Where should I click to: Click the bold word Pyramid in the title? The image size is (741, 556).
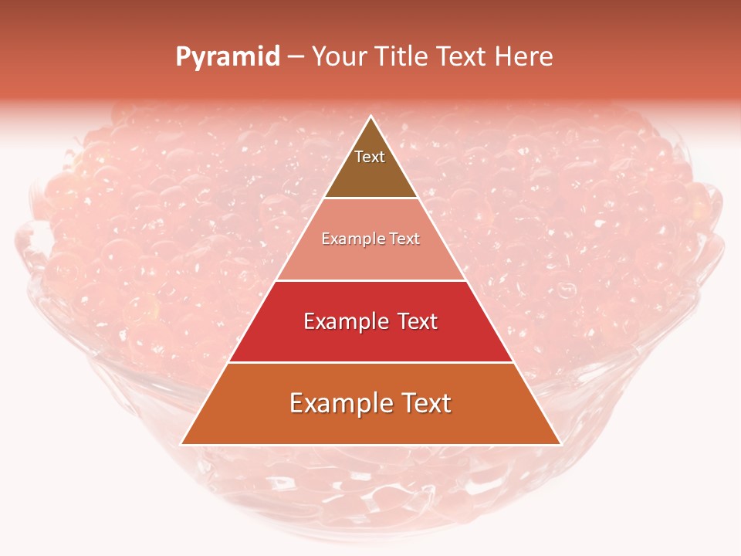pos(228,56)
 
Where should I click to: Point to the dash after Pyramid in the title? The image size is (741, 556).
pos(296,57)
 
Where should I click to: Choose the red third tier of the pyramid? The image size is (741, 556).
pos(370,340)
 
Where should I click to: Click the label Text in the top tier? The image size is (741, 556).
pos(370,157)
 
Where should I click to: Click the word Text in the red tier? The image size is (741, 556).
pos(414,321)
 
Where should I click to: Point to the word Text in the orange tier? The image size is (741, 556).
pos(424,403)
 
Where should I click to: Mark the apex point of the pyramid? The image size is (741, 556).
pos(371,117)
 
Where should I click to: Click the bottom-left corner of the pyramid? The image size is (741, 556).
pos(181,444)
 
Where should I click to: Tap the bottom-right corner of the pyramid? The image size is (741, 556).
pos(560,444)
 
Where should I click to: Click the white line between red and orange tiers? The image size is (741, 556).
pos(370,362)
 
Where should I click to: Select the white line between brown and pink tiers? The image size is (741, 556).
pos(370,198)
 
